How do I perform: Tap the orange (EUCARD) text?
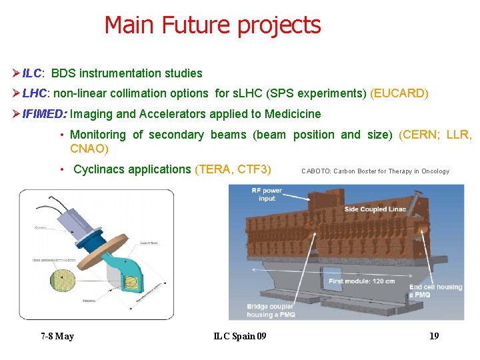click(x=399, y=93)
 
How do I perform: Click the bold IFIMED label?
click(x=43, y=114)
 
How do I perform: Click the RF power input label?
click(x=267, y=194)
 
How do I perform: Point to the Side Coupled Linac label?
click(x=375, y=210)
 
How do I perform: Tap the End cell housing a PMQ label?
click(x=435, y=291)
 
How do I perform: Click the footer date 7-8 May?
click(x=57, y=336)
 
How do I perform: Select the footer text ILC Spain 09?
click(x=240, y=336)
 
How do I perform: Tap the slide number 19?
click(x=434, y=336)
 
